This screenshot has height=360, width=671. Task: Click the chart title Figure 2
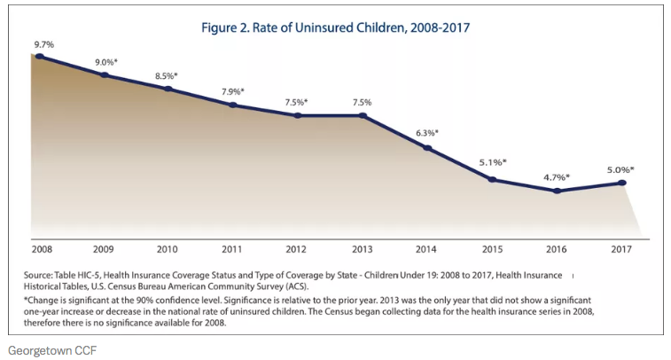[334, 27]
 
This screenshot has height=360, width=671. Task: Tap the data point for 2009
[104, 74]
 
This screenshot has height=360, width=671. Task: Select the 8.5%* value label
[167, 75]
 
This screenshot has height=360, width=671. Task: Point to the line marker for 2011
[233, 105]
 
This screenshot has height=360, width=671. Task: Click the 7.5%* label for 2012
[298, 102]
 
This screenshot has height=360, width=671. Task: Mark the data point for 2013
[363, 115]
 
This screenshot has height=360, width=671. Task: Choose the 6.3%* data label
[427, 133]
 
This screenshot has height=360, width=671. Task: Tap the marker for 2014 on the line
[427, 147]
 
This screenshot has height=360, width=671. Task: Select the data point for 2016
[557, 190]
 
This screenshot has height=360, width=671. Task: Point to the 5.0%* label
[621, 168]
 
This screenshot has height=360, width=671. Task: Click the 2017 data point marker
[621, 183]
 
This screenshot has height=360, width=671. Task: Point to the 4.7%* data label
[557, 176]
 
